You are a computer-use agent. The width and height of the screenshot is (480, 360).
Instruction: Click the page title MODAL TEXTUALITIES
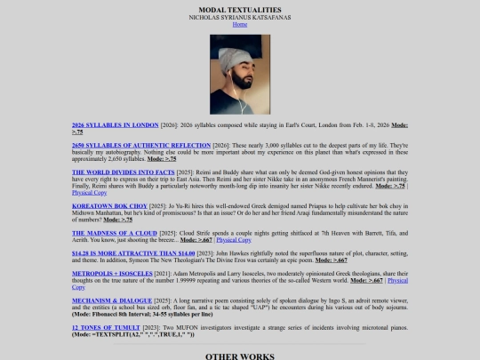(240, 10)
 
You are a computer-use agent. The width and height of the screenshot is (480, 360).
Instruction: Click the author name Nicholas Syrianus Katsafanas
(240, 18)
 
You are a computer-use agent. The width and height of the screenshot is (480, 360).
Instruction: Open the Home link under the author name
(240, 25)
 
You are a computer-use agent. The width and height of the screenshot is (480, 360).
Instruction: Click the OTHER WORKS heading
(240, 356)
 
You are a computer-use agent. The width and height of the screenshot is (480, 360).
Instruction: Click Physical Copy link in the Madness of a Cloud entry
(233, 239)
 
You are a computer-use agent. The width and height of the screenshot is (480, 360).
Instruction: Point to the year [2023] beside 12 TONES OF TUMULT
(152, 326)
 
